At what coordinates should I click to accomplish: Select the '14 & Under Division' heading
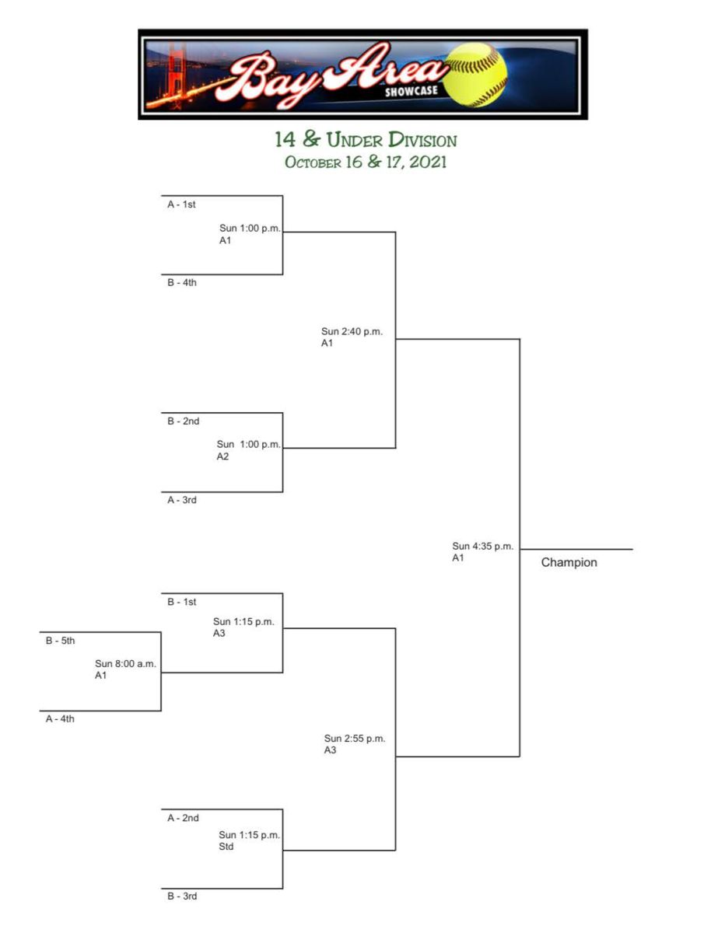[366, 140]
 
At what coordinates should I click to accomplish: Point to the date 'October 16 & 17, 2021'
[366, 162]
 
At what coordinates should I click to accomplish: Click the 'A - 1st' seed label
[181, 205]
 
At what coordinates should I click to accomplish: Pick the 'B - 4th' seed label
[182, 283]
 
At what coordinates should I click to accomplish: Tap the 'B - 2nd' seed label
[183, 421]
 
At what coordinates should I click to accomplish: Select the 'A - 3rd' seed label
[182, 500]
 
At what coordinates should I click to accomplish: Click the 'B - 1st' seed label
[181, 602]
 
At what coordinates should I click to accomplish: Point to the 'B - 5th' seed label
[60, 641]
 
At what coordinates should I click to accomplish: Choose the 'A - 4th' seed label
[60, 719]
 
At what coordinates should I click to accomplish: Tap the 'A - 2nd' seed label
[183, 818]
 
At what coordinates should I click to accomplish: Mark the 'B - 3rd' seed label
[182, 896]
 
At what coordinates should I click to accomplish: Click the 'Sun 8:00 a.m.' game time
[126, 664]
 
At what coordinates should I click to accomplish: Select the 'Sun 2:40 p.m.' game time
[352, 331]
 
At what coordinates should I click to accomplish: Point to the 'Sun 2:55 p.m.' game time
[355, 739]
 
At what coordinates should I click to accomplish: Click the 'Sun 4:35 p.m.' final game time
[483, 547]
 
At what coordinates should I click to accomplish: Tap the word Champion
[569, 563]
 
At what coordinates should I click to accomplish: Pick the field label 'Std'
[226, 847]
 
